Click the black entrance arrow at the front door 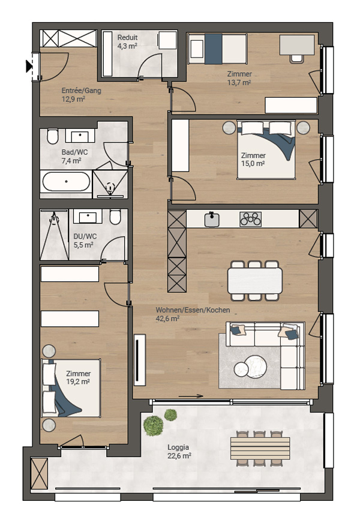click(29, 66)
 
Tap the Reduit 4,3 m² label click(127, 42)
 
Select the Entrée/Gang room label click(82, 91)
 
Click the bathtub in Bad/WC click(67, 182)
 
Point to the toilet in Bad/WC click(52, 136)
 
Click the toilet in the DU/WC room click(115, 217)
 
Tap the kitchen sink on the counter click(212, 220)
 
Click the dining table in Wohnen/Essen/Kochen click(255, 281)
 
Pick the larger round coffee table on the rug click(255, 366)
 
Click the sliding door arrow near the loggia click(191, 396)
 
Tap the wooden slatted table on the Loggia click(260, 449)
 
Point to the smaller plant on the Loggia click(170, 415)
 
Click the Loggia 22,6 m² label click(179, 451)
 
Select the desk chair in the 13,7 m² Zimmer click(296, 59)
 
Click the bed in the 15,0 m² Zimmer click(266, 150)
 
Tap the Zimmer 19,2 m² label click(78, 378)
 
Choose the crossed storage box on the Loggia click(39, 474)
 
